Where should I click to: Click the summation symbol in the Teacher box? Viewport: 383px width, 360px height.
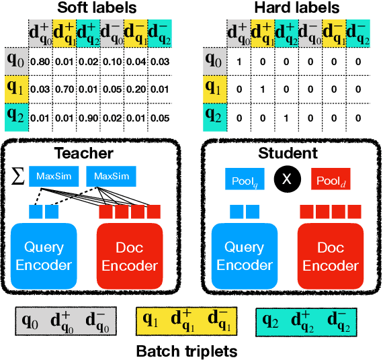click(18, 177)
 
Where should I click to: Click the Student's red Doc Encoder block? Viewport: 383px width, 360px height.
click(331, 255)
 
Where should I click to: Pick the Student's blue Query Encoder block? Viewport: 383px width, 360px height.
click(245, 255)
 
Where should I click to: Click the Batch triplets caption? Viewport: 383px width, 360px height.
click(186, 351)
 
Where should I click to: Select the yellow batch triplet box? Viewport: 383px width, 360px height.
click(186, 322)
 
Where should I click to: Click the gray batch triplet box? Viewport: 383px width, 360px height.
click(65, 322)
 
